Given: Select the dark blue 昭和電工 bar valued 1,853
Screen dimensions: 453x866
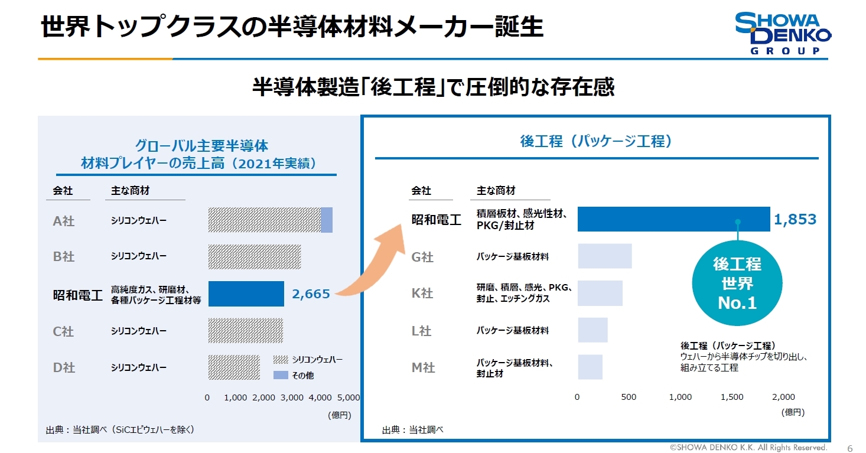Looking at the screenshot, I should (x=673, y=219).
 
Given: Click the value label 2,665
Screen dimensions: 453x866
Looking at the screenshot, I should (x=311, y=294).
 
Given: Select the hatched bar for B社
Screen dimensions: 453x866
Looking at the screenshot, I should (x=254, y=257).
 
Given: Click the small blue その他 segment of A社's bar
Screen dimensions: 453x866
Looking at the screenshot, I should (x=327, y=220).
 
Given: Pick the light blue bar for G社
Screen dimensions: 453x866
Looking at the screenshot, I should (x=604, y=256).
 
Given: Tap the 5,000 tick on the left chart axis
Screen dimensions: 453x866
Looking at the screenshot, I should (x=347, y=397).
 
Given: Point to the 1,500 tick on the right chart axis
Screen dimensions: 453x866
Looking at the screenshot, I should (x=732, y=397).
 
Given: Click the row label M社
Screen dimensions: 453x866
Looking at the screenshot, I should (x=423, y=368).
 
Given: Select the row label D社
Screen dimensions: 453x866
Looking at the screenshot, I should (x=64, y=367).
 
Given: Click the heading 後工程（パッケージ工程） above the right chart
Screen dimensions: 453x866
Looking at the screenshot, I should (x=596, y=142).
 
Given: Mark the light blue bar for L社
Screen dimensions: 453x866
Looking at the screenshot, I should (x=592, y=330).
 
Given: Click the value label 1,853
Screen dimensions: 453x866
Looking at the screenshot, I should (x=795, y=220).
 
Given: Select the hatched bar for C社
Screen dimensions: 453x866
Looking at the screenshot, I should (x=245, y=331).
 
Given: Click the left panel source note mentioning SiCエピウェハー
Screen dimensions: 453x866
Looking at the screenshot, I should (x=120, y=430).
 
